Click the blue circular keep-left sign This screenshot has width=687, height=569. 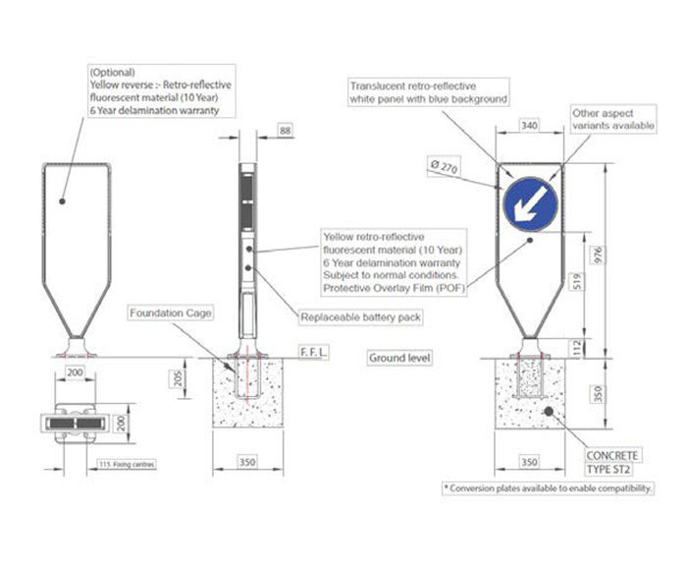pos(529,203)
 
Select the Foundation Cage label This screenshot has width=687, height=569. pos(170,313)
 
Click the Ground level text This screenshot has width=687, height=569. pos(399,359)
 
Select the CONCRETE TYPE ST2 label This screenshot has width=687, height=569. pos(612,462)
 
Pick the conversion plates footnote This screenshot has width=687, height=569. pos(549,487)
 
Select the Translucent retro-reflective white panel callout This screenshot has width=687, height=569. pos(429,92)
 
